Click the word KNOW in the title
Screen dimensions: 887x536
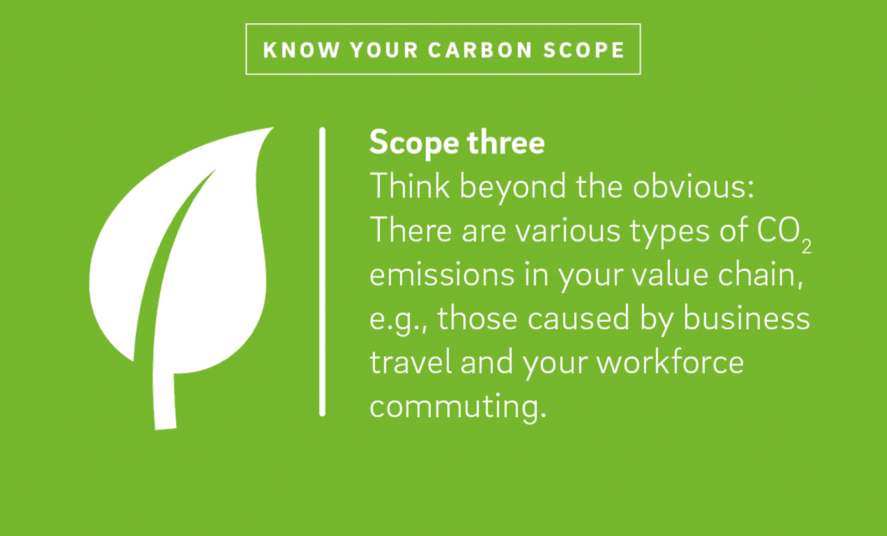pyautogui.click(x=302, y=50)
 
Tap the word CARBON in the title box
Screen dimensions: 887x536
pyautogui.click(x=480, y=50)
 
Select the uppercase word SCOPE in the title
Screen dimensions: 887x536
pyautogui.click(x=584, y=50)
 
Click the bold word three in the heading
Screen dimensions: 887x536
pyautogui.click(x=506, y=142)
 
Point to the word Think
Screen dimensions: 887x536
pyautogui.click(x=410, y=186)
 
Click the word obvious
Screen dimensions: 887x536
pyautogui.click(x=693, y=186)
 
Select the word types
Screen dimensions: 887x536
pyautogui.click(x=670, y=233)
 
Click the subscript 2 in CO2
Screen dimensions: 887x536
pyautogui.click(x=807, y=247)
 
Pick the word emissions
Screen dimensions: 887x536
pyautogui.click(x=442, y=275)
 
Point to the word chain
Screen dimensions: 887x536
pyautogui.click(x=760, y=275)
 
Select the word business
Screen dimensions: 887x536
pyautogui.click(x=746, y=319)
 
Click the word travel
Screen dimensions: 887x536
pyautogui.click(x=411, y=362)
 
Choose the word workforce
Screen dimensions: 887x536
pyautogui.click(x=670, y=362)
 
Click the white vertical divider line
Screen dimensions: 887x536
pyautogui.click(x=322, y=272)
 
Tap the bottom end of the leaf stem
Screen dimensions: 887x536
pyautogui.click(x=166, y=428)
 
